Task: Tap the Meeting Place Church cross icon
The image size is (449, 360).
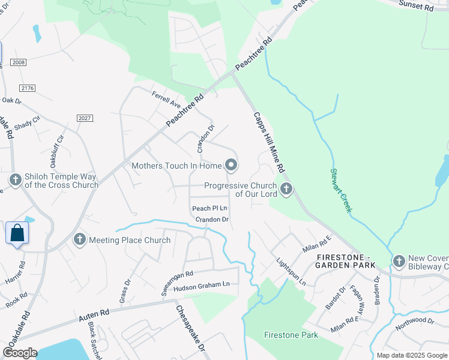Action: pos(79,240)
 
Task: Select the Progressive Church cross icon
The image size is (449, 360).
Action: pos(286,190)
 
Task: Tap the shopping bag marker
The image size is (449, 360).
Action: pos(17,233)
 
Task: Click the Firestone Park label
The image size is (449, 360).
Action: pos(291,335)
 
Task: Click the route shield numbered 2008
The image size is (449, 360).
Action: pos(18,62)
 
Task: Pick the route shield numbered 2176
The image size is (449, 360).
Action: pos(27,88)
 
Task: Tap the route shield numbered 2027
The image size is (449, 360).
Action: pos(85,118)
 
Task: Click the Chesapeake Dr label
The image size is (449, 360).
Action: pos(190,328)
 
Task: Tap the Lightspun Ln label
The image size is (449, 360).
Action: pos(292,272)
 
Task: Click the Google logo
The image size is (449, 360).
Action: pos(20,353)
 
